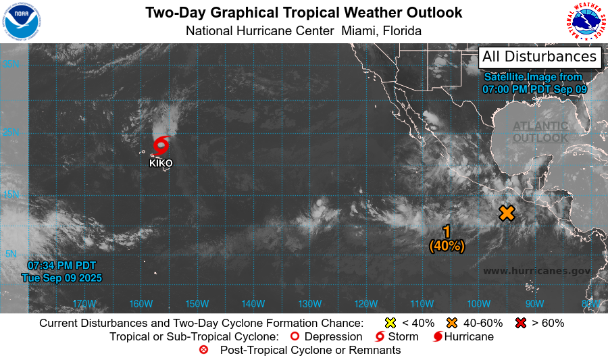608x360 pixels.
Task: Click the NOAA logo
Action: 22,21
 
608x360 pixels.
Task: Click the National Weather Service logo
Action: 586,21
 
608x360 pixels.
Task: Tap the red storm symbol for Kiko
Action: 161,145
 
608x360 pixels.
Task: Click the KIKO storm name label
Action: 161,163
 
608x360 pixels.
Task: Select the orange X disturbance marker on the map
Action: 507,213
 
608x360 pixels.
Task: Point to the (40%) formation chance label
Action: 447,247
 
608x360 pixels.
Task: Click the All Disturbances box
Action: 540,57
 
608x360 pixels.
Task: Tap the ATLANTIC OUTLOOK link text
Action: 540,132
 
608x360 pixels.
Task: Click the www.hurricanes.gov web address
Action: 537,271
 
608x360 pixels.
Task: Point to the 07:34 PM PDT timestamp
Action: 62,265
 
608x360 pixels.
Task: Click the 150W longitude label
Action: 197,303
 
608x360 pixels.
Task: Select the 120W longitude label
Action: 365,303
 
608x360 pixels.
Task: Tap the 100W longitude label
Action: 478,303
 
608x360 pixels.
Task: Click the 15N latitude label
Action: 11,195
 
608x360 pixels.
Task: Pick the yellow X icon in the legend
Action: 390,323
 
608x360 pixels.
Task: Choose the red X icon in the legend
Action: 521,323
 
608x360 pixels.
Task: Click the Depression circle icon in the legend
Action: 294,336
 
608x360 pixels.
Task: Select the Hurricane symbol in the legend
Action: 438,336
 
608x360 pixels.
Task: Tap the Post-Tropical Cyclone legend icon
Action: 203,350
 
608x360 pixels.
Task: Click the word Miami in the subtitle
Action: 359,31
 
